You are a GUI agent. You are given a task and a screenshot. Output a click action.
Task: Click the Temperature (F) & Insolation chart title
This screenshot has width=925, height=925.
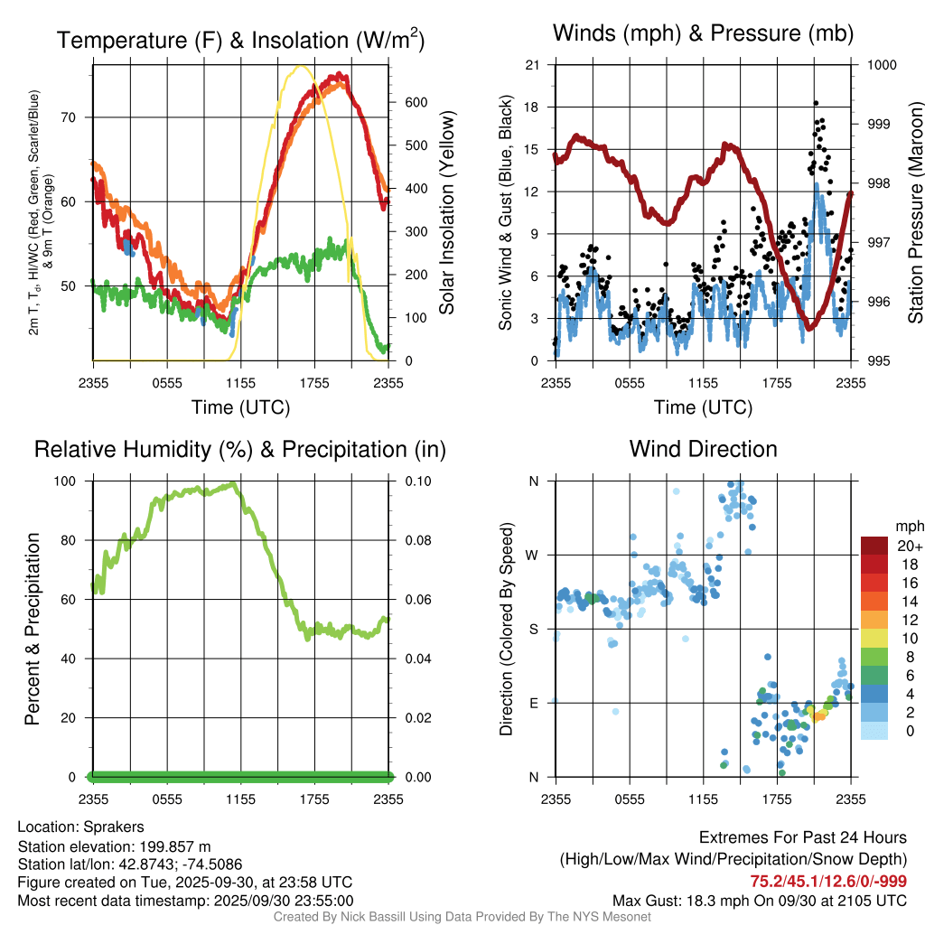pyautogui.click(x=240, y=40)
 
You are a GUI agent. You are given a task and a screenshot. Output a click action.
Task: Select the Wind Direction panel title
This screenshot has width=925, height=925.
pyautogui.click(x=703, y=449)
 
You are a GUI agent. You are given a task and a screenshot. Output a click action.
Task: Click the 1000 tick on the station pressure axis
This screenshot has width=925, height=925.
pyautogui.click(x=881, y=65)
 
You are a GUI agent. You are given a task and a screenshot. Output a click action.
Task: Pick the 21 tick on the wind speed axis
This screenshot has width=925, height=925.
pyautogui.click(x=533, y=65)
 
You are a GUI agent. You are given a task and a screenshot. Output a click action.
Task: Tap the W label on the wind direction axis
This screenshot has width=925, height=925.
pyautogui.click(x=533, y=555)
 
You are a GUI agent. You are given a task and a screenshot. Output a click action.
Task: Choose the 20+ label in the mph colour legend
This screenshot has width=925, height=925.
pyautogui.click(x=909, y=546)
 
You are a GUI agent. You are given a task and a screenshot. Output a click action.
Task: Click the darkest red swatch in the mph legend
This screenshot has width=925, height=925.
pyautogui.click(x=874, y=546)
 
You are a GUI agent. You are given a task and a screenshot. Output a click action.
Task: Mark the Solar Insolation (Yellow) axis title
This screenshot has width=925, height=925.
pyautogui.click(x=447, y=212)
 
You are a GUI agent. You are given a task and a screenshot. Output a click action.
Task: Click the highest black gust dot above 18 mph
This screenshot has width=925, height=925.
pyautogui.click(x=816, y=103)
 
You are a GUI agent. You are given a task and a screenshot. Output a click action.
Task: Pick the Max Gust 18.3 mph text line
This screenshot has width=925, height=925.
pyautogui.click(x=760, y=901)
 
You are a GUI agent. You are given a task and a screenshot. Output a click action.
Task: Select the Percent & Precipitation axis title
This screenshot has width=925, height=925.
pyautogui.click(x=33, y=629)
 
